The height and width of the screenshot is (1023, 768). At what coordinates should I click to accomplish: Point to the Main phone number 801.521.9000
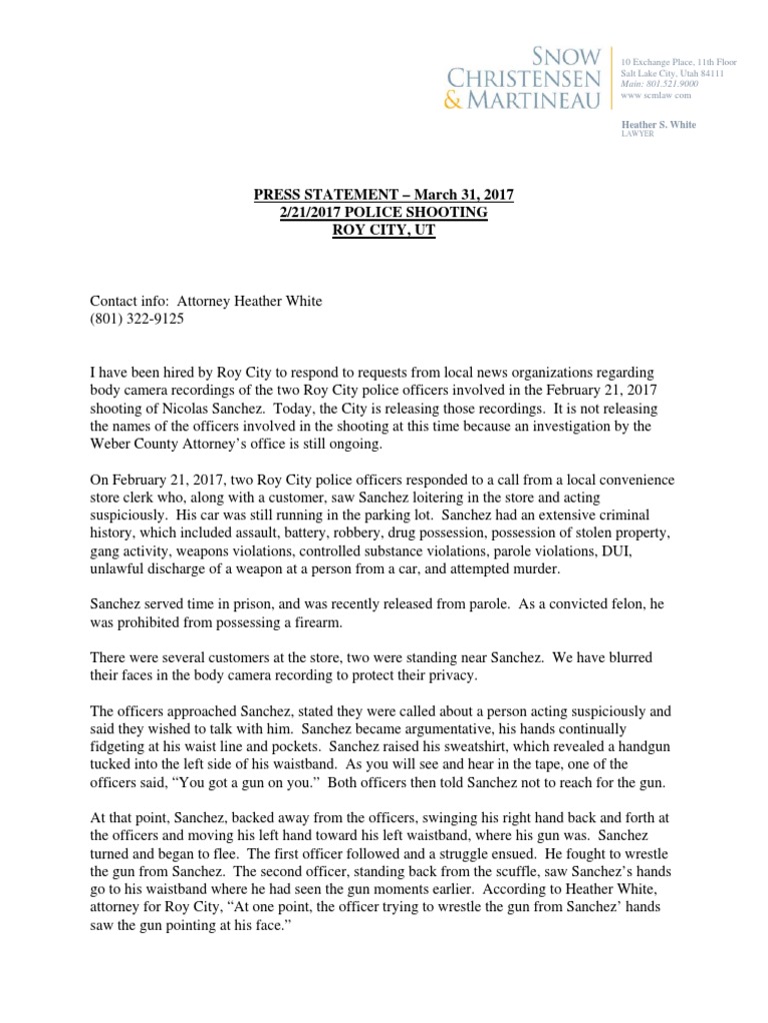pyautogui.click(x=673, y=86)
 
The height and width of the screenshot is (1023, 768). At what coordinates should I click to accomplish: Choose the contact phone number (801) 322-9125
pyautogui.click(x=137, y=319)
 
